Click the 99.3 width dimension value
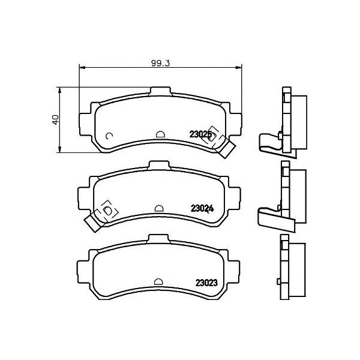(160, 63)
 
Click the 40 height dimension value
(56, 120)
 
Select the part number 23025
(200, 134)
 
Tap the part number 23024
(202, 208)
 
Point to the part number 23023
(206, 283)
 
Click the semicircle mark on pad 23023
(158, 282)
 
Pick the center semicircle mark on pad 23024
(159, 208)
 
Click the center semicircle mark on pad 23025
(160, 134)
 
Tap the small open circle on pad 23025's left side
(109, 136)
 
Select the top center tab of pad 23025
(160, 91)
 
